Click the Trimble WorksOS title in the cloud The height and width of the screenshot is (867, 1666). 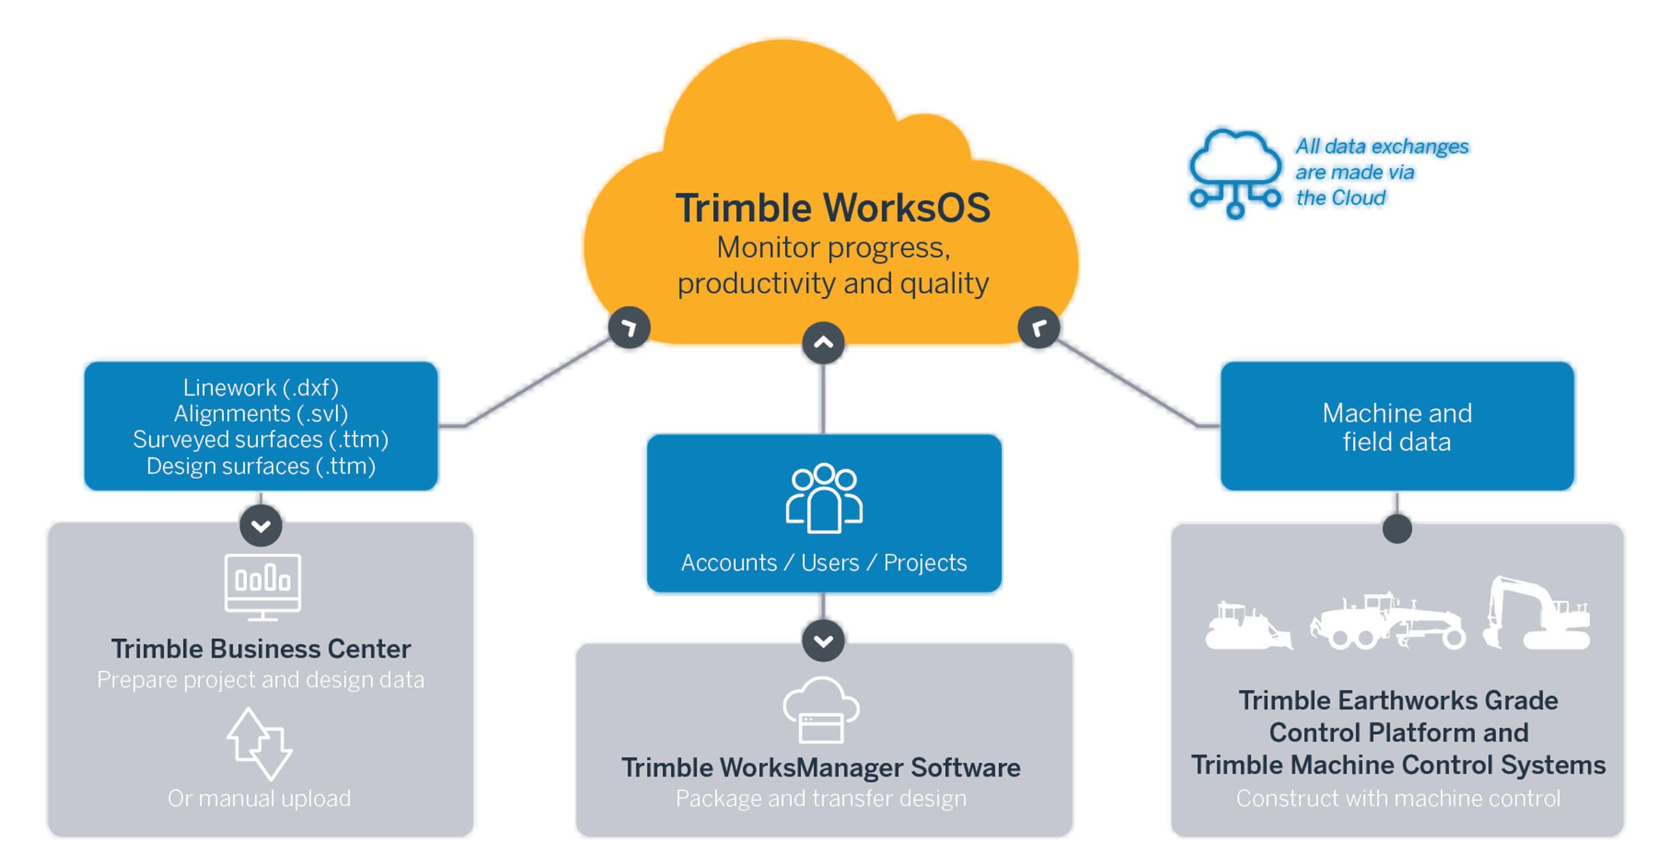[x=832, y=208]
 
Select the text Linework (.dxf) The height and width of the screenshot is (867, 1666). [x=261, y=387]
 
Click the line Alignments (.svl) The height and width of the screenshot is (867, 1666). [x=261, y=413]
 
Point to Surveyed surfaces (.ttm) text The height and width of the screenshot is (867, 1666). [x=261, y=440]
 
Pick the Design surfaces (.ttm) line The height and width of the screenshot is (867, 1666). [x=261, y=466]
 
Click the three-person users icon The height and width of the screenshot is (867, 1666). [x=824, y=497]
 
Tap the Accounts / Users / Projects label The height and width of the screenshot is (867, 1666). [x=824, y=562]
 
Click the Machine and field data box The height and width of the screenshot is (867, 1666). [x=1397, y=426]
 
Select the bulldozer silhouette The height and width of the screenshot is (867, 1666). [x=1247, y=627]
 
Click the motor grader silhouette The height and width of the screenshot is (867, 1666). [x=1387, y=623]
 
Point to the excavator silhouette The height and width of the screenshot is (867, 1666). [x=1536, y=614]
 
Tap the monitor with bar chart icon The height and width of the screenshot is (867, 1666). [x=263, y=586]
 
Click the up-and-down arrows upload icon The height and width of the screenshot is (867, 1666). [x=260, y=743]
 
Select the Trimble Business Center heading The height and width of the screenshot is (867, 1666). [x=261, y=649]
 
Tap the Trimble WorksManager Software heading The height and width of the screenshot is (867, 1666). [x=821, y=768]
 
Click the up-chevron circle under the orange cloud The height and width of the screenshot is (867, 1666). [x=823, y=343]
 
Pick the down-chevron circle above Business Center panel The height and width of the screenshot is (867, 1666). [x=261, y=526]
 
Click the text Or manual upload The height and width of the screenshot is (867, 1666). [x=259, y=798]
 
